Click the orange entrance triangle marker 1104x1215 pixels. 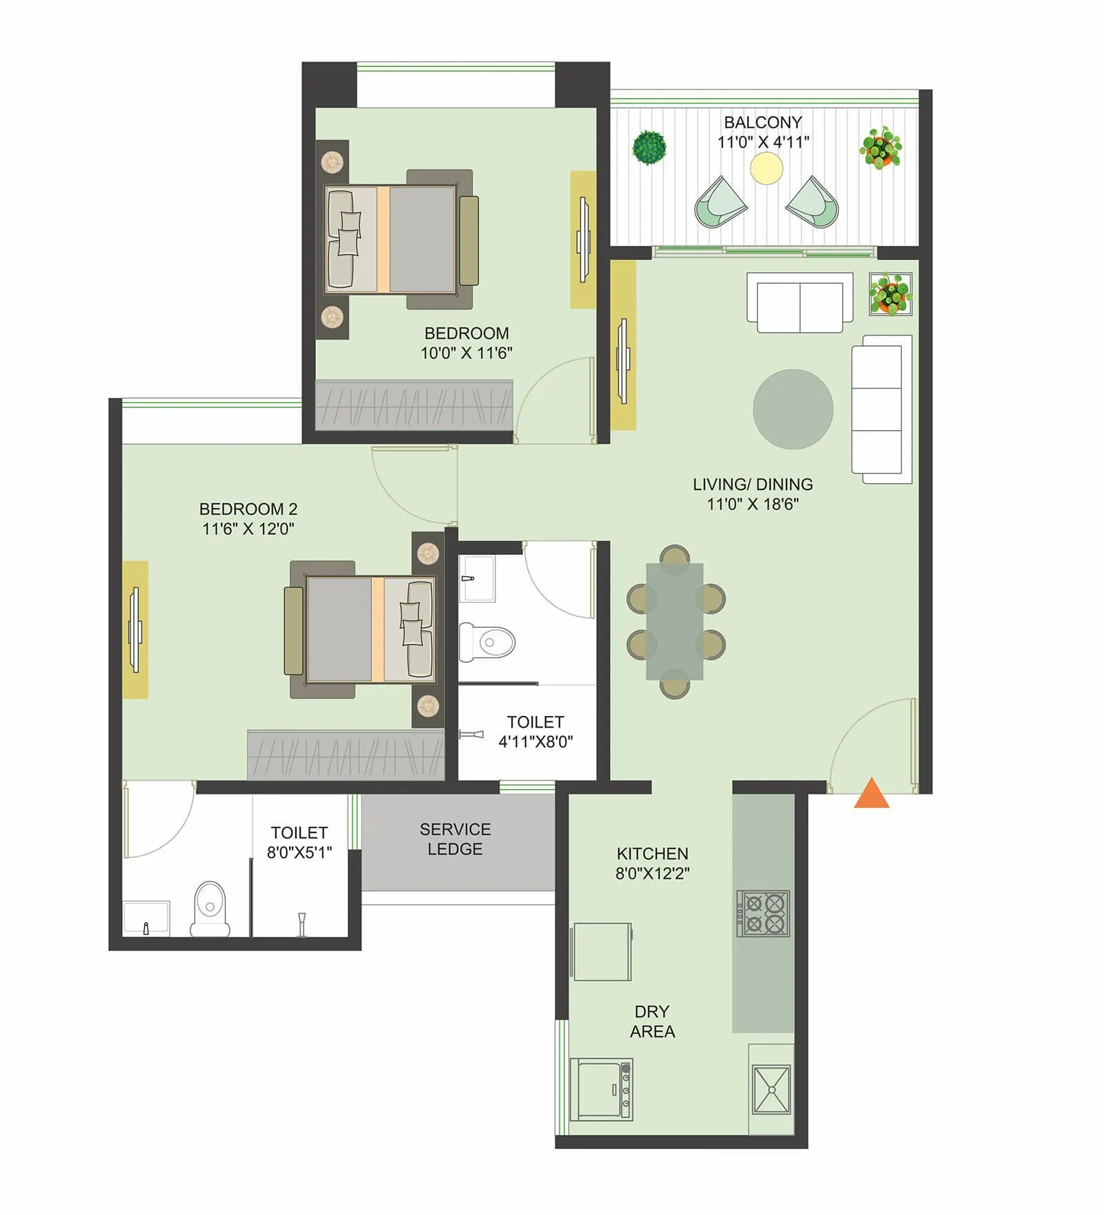[x=871, y=794]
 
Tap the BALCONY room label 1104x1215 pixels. [x=762, y=122]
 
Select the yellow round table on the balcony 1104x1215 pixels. [x=767, y=168]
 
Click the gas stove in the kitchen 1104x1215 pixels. [x=763, y=913]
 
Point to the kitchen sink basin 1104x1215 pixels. [x=771, y=1090]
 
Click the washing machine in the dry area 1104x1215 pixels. [x=601, y=1090]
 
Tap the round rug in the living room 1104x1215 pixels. [x=793, y=409]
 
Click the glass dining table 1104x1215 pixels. [x=675, y=621]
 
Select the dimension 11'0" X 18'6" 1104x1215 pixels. [x=753, y=504]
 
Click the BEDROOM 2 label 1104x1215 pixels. [x=248, y=509]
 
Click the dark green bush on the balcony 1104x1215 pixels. [x=649, y=147]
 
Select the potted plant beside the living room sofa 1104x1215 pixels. [x=890, y=293]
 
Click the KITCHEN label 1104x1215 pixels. [x=652, y=853]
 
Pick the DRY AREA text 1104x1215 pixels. [x=652, y=1021]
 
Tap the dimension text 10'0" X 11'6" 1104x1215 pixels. [x=466, y=353]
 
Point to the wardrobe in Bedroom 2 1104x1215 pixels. [x=345, y=755]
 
